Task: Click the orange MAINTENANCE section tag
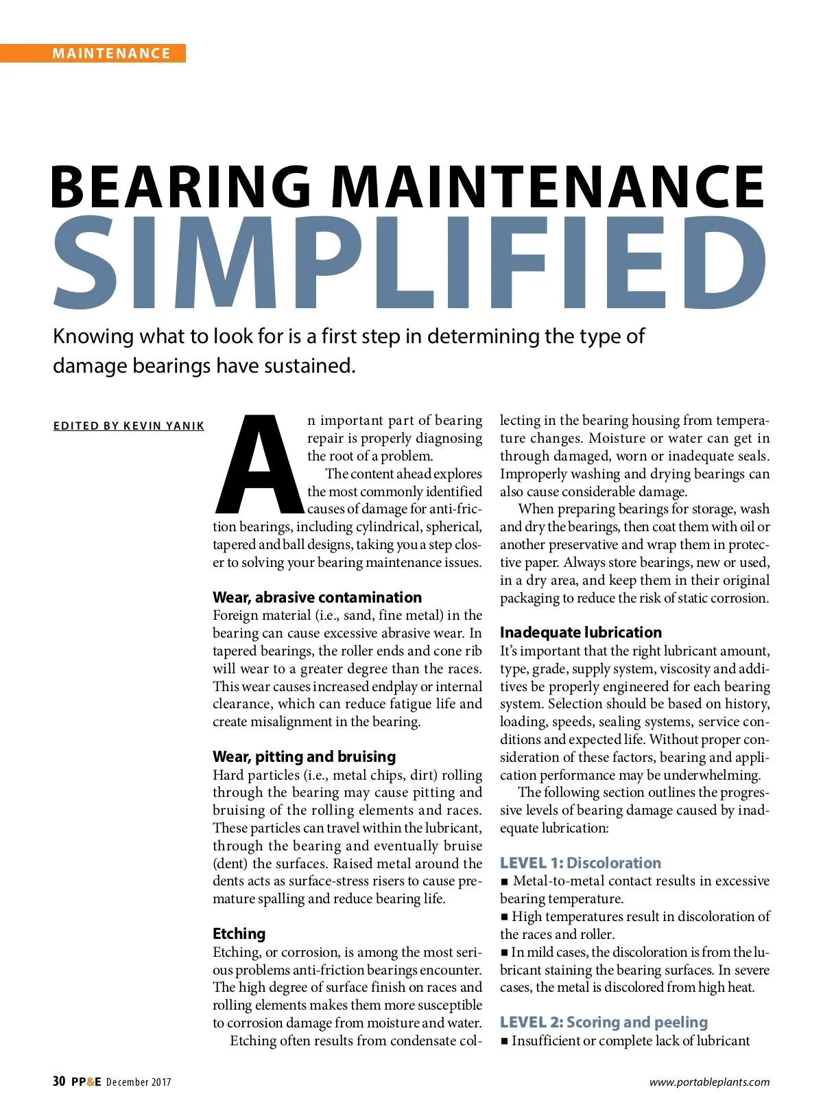(x=111, y=54)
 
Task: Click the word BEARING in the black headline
(x=181, y=187)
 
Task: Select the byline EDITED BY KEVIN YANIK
(x=129, y=426)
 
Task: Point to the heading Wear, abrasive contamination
(x=317, y=597)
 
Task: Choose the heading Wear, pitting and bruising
(x=304, y=756)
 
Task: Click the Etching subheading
(x=239, y=933)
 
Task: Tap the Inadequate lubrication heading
(x=581, y=632)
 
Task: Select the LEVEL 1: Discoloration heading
(x=580, y=863)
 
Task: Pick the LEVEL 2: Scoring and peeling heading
(x=604, y=1022)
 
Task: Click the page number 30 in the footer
(x=59, y=1082)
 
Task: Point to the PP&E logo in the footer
(x=86, y=1082)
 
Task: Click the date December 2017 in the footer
(x=139, y=1082)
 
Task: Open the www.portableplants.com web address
(x=709, y=1082)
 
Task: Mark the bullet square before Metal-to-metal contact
(x=505, y=881)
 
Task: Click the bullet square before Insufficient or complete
(x=505, y=1041)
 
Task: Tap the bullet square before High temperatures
(x=505, y=917)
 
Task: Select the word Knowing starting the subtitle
(x=93, y=336)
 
